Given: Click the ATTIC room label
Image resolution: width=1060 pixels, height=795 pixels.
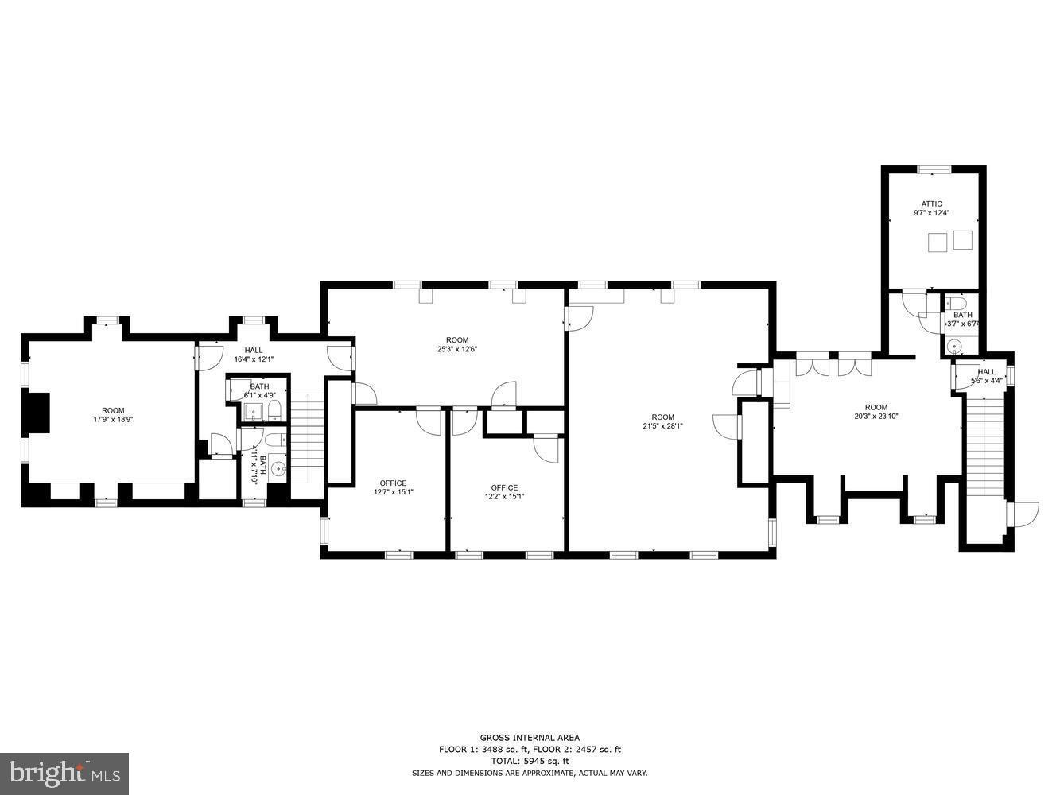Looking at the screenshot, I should (931, 204).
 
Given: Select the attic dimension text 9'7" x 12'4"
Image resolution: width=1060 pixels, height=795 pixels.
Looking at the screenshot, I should (931, 213).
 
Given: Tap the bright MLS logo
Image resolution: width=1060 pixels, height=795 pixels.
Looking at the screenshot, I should (64, 773).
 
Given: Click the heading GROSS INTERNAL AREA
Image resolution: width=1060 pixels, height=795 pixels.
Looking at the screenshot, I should (529, 738).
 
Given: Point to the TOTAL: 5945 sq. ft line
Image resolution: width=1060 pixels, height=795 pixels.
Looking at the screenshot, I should (529, 761).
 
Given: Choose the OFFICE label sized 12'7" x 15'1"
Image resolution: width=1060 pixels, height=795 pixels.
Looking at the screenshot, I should (393, 483).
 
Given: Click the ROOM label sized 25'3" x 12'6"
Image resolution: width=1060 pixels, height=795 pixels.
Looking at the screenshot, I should (457, 340).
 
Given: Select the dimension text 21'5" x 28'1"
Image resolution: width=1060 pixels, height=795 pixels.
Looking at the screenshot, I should (662, 426).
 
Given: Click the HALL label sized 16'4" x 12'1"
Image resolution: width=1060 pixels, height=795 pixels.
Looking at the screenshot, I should (254, 350).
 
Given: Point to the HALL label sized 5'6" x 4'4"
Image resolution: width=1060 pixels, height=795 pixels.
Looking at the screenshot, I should (986, 372).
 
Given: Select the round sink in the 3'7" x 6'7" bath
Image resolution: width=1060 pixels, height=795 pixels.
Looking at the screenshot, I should (954, 346).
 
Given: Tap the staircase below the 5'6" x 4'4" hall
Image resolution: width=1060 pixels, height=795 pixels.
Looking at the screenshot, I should (984, 445).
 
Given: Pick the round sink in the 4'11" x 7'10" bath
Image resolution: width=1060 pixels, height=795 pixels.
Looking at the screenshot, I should (278, 470).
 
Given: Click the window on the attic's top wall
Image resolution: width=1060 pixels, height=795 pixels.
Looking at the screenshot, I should (934, 169).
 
